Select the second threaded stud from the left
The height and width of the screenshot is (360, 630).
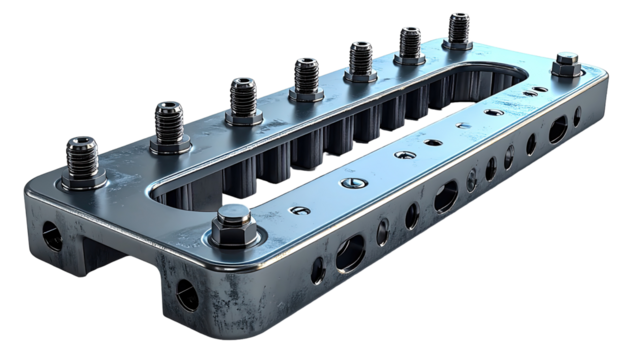click(x=171, y=122)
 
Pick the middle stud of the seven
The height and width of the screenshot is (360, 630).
click(x=306, y=76)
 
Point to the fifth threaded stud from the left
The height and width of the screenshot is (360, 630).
click(x=360, y=58)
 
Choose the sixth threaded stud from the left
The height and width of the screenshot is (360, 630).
click(x=410, y=43)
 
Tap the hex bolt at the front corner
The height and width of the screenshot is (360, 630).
click(x=232, y=219)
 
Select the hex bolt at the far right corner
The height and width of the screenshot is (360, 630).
click(x=565, y=65)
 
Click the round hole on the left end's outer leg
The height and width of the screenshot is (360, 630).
click(x=50, y=237)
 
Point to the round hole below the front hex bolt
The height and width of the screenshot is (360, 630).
click(x=186, y=293)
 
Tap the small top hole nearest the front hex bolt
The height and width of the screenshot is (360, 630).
click(x=297, y=210)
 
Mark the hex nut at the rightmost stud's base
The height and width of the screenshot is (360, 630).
click(x=459, y=44)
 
